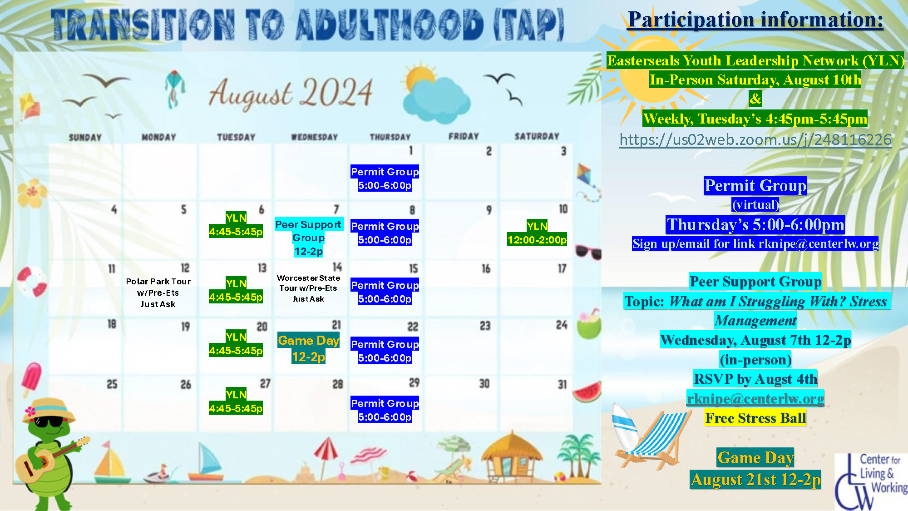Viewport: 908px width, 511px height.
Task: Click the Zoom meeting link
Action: [755, 140]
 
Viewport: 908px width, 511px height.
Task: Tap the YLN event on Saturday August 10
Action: [537, 233]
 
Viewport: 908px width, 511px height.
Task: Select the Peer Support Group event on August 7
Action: [308, 238]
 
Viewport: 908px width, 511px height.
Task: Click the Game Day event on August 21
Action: [309, 348]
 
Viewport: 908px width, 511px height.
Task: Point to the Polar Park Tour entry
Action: [158, 293]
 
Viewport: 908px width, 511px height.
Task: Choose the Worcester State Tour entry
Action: [308, 288]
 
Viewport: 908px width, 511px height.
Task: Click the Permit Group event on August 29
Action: [385, 410]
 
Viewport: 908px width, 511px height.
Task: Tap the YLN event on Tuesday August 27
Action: [236, 402]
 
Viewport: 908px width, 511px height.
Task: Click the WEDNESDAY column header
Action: [314, 137]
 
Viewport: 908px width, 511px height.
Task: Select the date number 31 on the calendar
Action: [562, 385]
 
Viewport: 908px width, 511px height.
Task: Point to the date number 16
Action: [486, 269]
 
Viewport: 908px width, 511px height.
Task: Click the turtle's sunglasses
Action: [50, 422]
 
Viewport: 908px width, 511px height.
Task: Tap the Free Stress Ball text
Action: [755, 418]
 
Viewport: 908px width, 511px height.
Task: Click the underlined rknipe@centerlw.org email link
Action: [755, 399]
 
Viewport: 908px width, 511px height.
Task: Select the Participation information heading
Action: [755, 20]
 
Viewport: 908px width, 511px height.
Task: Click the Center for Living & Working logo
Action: [871, 481]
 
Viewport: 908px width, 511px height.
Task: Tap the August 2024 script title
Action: [291, 93]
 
